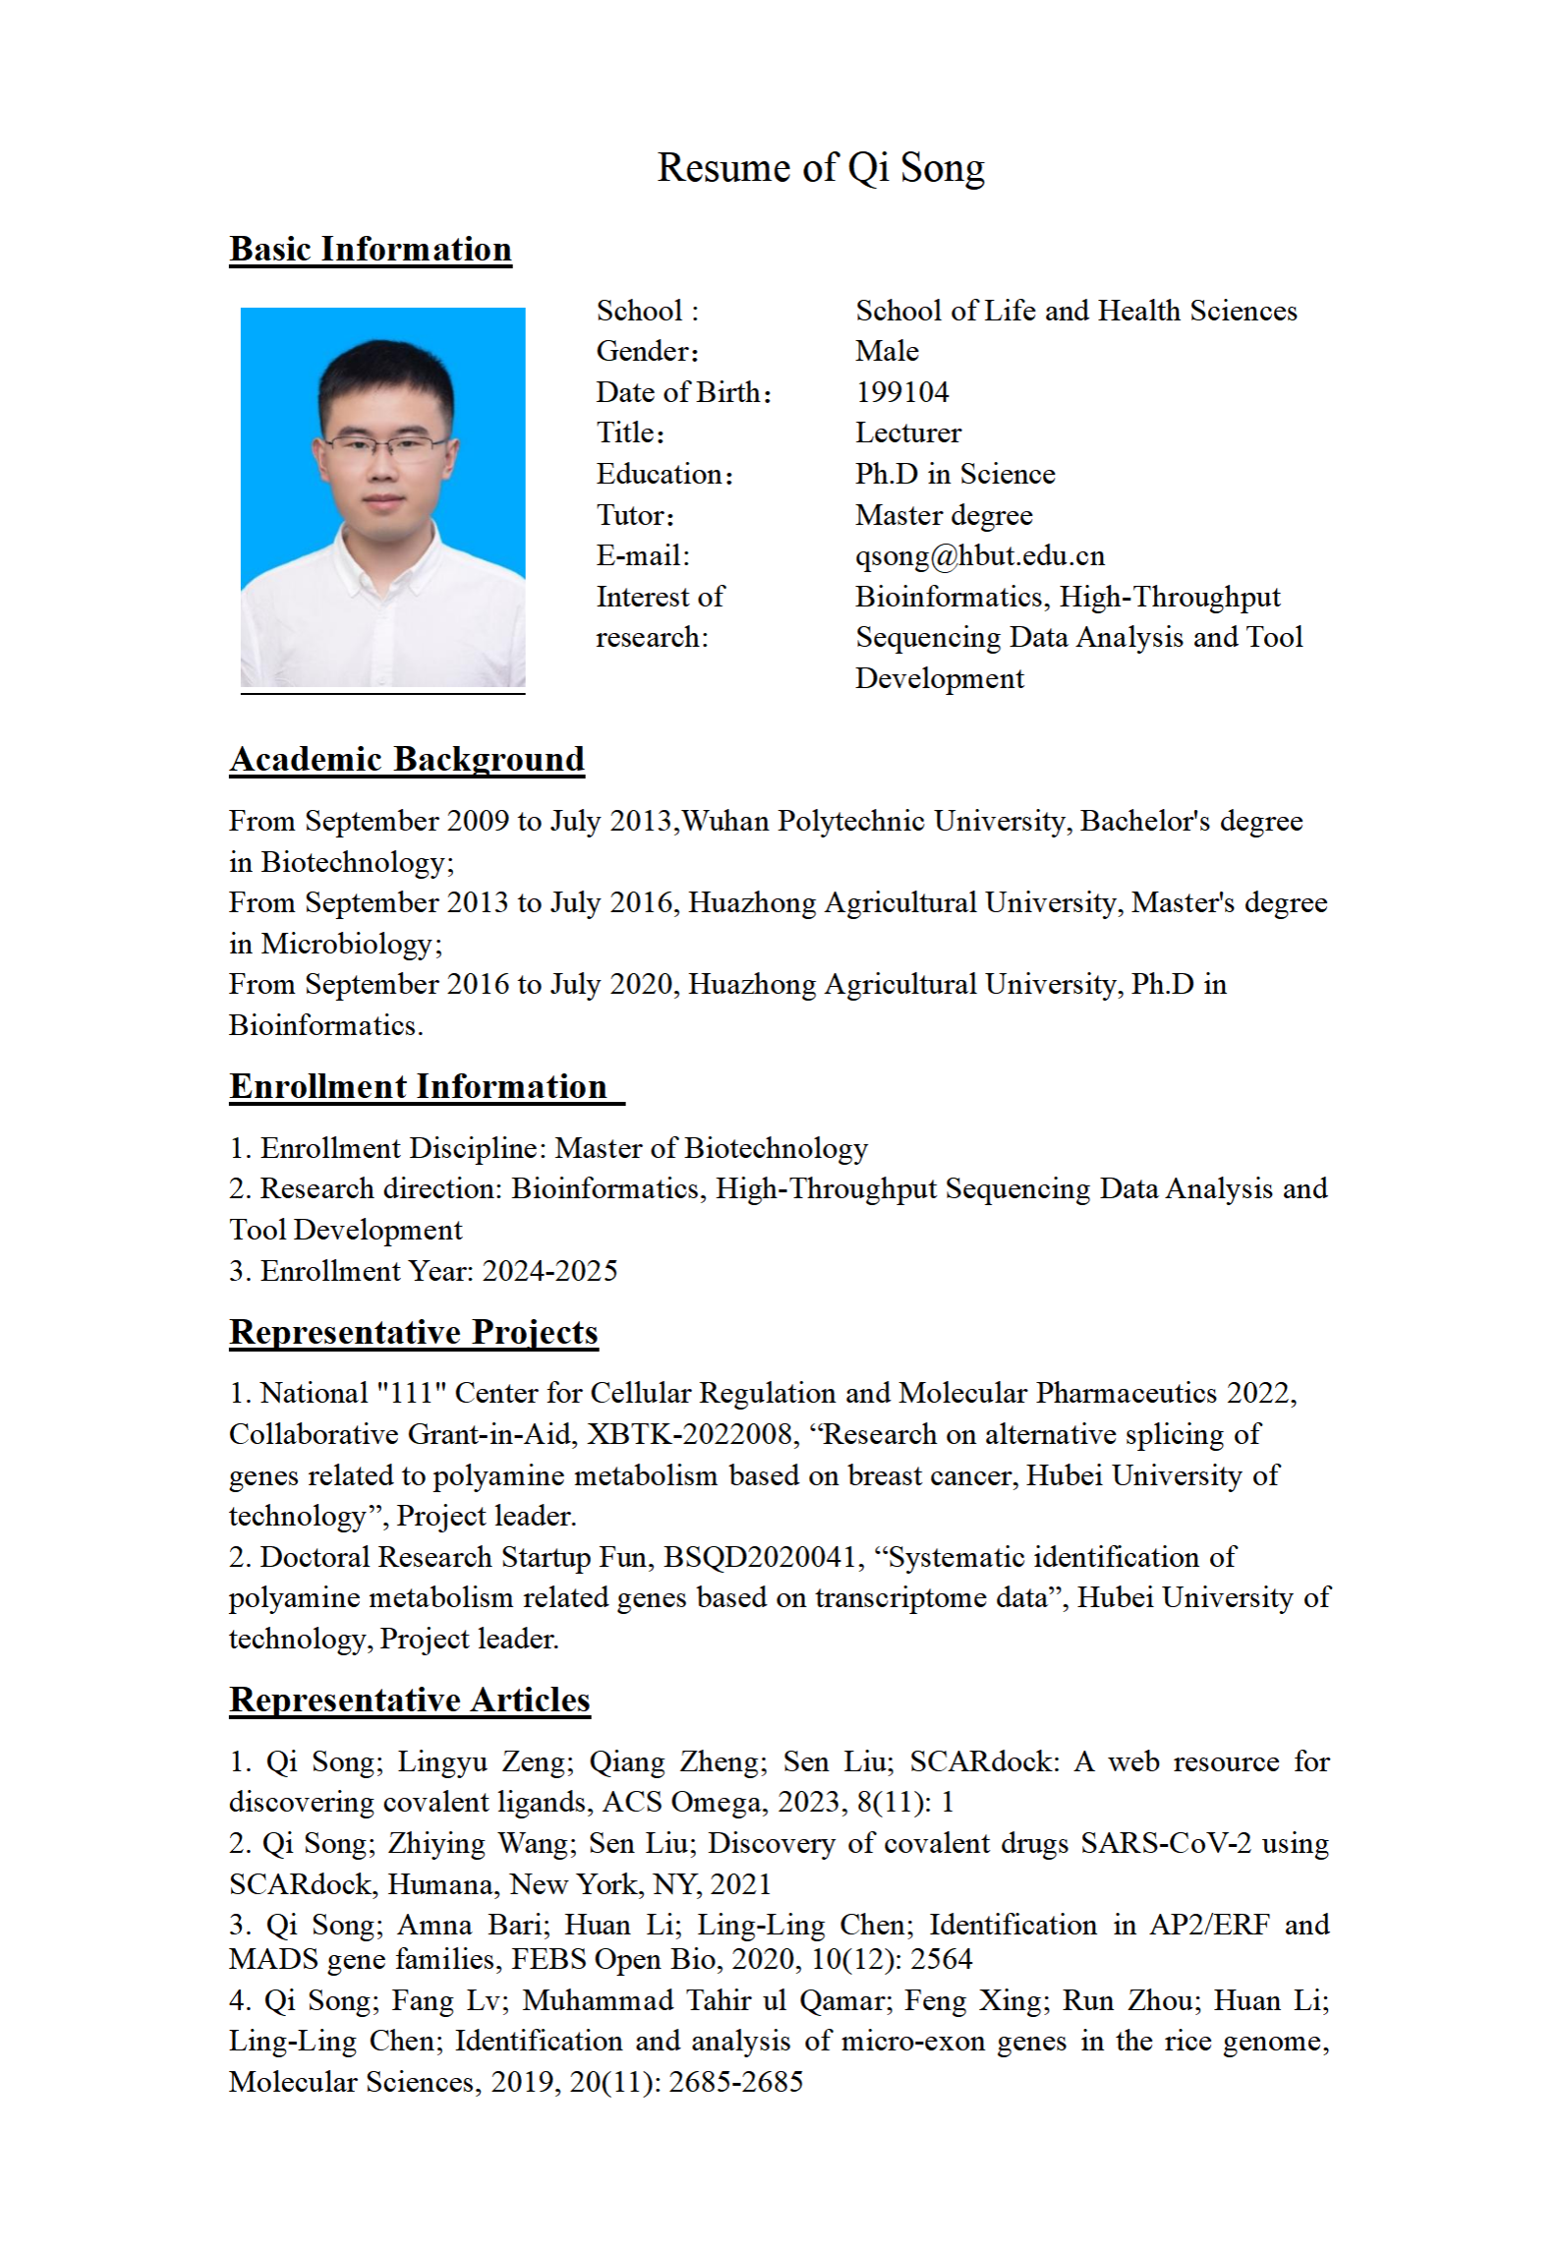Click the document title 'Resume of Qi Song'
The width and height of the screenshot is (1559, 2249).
pyautogui.click(x=820, y=168)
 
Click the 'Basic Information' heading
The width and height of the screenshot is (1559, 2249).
pyautogui.click(x=371, y=250)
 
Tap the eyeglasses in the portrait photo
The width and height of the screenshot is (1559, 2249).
pyautogui.click(x=385, y=445)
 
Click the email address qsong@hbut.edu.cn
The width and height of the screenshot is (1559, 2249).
pyautogui.click(x=979, y=556)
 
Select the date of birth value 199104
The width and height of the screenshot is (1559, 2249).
pyautogui.click(x=901, y=392)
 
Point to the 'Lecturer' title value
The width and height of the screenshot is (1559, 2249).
pyautogui.click(x=907, y=433)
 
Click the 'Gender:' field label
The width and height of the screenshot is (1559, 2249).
pyautogui.click(x=647, y=352)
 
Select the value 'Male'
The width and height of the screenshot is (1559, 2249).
pyautogui.click(x=887, y=352)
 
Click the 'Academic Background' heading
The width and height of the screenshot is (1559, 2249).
pyautogui.click(x=407, y=760)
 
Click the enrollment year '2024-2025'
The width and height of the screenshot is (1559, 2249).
pyautogui.click(x=549, y=1271)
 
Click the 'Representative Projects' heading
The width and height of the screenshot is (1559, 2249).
pyautogui.click(x=414, y=1333)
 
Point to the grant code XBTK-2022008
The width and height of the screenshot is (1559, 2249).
pyautogui.click(x=690, y=1434)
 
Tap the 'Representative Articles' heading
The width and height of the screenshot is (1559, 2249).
pyautogui.click(x=410, y=1701)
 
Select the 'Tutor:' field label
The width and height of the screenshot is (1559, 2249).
pyautogui.click(x=635, y=516)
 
